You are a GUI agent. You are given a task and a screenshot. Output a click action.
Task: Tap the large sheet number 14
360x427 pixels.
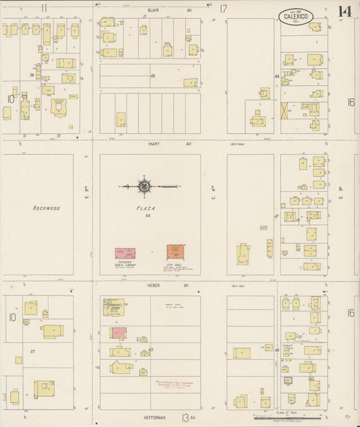tap(344, 11)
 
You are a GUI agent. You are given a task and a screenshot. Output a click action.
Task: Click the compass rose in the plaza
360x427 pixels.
tap(145, 185)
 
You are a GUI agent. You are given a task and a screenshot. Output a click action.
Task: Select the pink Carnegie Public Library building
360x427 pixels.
tap(124, 254)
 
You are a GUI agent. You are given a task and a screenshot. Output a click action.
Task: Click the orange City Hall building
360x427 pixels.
tap(176, 253)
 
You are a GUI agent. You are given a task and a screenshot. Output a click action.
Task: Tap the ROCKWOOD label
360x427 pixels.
tap(47, 209)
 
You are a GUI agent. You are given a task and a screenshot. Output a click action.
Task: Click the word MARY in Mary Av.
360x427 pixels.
tap(153, 143)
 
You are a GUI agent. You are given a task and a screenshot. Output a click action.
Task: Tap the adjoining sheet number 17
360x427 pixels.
tap(223, 9)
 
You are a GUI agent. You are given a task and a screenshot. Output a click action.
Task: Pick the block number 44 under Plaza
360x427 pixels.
tap(147, 216)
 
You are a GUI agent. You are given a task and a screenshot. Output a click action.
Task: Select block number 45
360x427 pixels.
tap(153, 76)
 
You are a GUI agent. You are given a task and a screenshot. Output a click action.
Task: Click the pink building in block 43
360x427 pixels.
tap(118, 332)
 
